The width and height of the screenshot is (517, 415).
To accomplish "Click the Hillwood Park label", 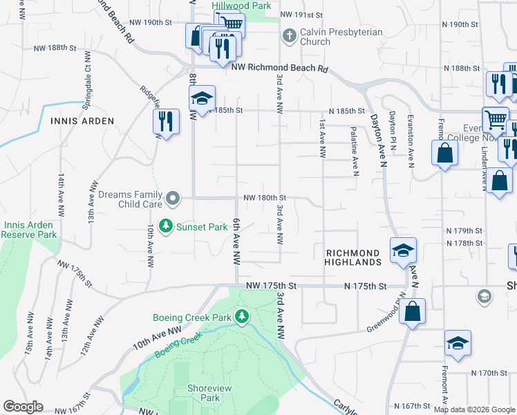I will (241, 5).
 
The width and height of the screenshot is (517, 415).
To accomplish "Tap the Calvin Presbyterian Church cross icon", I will (289, 34).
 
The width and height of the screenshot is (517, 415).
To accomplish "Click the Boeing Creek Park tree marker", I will (241, 317).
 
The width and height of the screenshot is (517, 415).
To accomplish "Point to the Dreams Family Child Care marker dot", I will (174, 200).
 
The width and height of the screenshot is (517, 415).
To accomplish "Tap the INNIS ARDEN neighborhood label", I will (82, 120).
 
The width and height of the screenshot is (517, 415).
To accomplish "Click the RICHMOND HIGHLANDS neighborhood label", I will (353, 258).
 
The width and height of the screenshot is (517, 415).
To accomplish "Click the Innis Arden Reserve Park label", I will (30, 230).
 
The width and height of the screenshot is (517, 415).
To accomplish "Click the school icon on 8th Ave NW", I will (203, 99).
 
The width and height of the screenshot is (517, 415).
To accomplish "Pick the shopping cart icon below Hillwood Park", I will (229, 23).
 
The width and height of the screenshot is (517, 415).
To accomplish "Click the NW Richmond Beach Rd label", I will (279, 68).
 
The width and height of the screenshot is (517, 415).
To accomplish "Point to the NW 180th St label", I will (264, 199).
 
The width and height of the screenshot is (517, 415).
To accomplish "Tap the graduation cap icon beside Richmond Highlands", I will (403, 250).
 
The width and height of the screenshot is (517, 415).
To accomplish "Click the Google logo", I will (23, 407).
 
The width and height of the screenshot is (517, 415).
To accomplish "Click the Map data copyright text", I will (473, 409).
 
